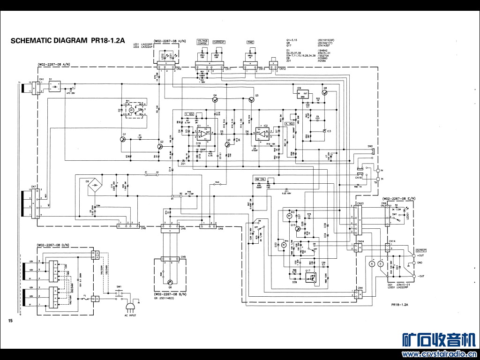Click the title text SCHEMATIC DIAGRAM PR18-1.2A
(67, 41)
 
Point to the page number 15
(10, 321)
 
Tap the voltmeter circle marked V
(381, 264)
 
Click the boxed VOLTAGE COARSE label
(203, 42)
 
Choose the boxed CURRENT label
(219, 42)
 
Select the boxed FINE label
(250, 42)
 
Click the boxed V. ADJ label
(189, 114)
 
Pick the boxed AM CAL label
(260, 180)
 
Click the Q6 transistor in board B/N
(170, 282)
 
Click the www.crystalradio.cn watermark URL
(439, 354)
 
